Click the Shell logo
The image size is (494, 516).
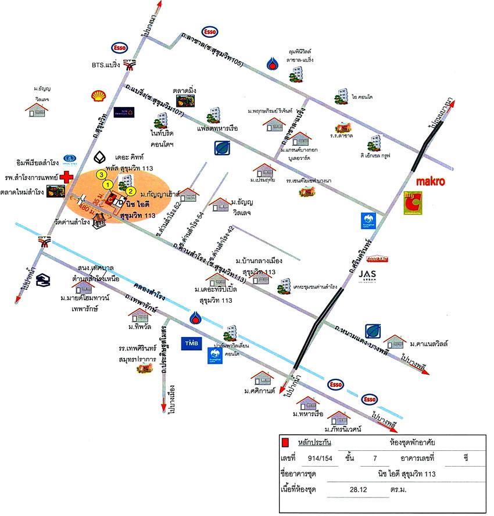coord(98,96)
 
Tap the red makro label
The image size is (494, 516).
coord(431,181)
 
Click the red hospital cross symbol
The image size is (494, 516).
coord(69,175)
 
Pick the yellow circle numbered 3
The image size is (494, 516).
coord(101,174)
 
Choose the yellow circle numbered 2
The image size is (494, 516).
coord(131,191)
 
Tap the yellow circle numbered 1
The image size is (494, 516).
coord(108,185)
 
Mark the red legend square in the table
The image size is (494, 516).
coord(284,443)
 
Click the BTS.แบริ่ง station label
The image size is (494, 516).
coord(106,65)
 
